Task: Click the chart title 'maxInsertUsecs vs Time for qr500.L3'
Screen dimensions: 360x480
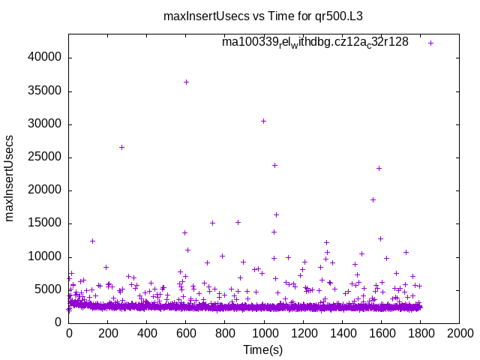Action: pyautogui.click(x=268, y=15)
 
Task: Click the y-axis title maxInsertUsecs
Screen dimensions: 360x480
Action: pyautogui.click(x=10, y=178)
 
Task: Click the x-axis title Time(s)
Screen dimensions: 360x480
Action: pyautogui.click(x=263, y=349)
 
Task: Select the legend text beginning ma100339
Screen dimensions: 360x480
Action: pyautogui.click(x=315, y=43)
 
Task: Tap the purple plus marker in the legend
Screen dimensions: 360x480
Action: pyautogui.click(x=430, y=43)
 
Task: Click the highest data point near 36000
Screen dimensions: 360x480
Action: pyautogui.click(x=186, y=82)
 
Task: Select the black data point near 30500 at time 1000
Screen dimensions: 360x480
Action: pyautogui.click(x=263, y=121)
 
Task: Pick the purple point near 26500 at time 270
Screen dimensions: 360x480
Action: pyautogui.click(x=121, y=147)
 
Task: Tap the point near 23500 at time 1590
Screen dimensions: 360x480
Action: pyautogui.click(x=379, y=168)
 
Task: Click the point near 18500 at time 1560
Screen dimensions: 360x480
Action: pyautogui.click(x=373, y=199)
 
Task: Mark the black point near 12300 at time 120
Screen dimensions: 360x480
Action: pyautogui.click(x=92, y=241)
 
